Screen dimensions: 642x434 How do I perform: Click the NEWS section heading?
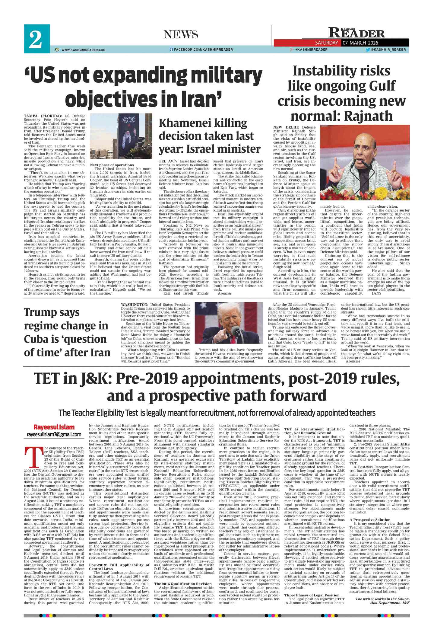[181, 34]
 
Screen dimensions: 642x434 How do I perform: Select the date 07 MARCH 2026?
[360, 43]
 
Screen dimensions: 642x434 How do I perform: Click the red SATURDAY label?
[326, 43]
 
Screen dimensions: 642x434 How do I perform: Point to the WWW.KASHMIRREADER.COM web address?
[84, 50]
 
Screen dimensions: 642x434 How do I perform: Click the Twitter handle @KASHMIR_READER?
[388, 50]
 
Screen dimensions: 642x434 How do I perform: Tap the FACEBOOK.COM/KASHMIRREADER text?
[203, 50]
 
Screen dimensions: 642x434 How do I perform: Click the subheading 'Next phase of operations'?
[112, 165]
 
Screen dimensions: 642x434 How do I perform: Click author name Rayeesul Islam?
[54, 427]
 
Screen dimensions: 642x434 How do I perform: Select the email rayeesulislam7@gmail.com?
[54, 434]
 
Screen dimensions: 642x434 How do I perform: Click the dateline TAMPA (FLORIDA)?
[43, 116]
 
